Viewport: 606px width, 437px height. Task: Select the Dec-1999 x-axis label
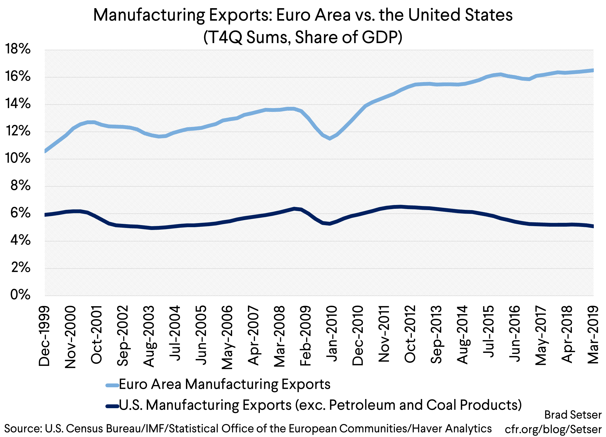44,336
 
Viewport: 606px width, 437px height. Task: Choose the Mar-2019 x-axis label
593,335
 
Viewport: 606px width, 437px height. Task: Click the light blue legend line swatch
112,385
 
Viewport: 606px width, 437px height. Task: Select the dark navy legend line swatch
112,406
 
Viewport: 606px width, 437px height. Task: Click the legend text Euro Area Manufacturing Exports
224,384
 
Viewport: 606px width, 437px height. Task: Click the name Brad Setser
573,415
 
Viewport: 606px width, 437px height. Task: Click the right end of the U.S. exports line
593,226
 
